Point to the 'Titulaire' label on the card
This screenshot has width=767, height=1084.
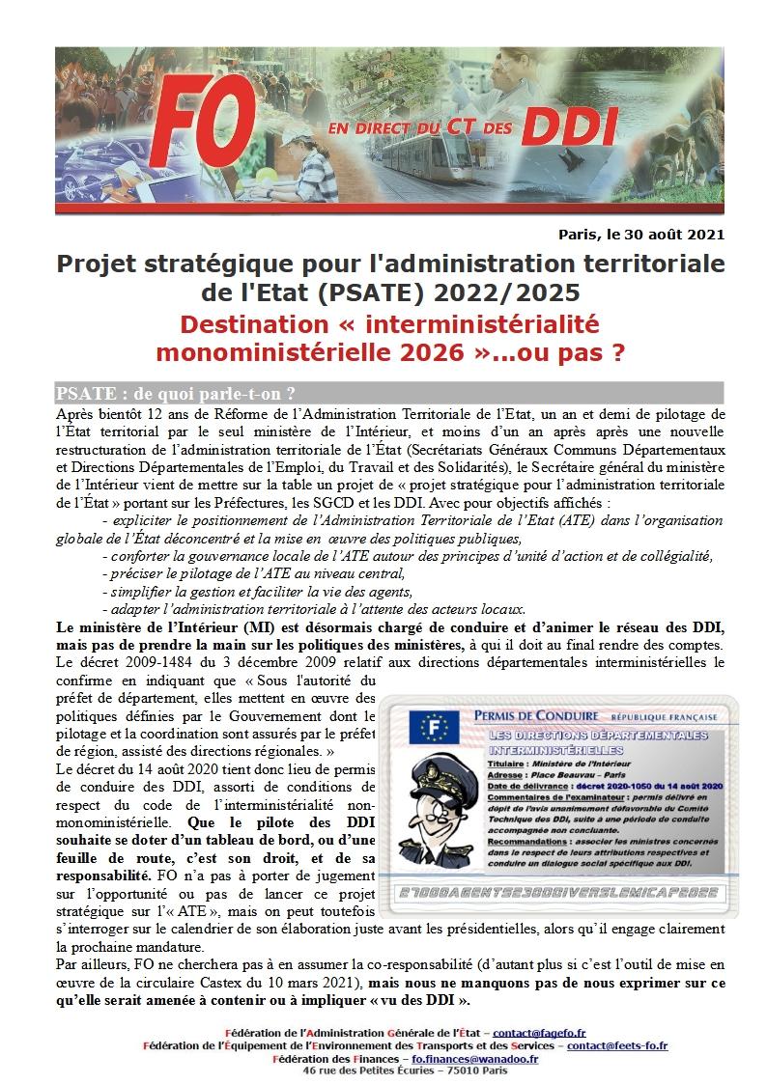tap(509, 763)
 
